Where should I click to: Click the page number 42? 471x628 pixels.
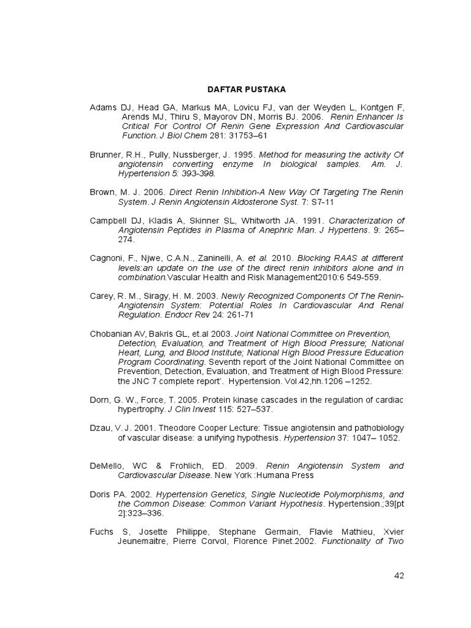(x=399, y=575)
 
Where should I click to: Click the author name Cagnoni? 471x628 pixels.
(x=107, y=258)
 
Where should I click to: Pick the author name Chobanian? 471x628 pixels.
(x=111, y=334)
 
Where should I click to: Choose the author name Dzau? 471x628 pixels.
(x=101, y=428)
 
